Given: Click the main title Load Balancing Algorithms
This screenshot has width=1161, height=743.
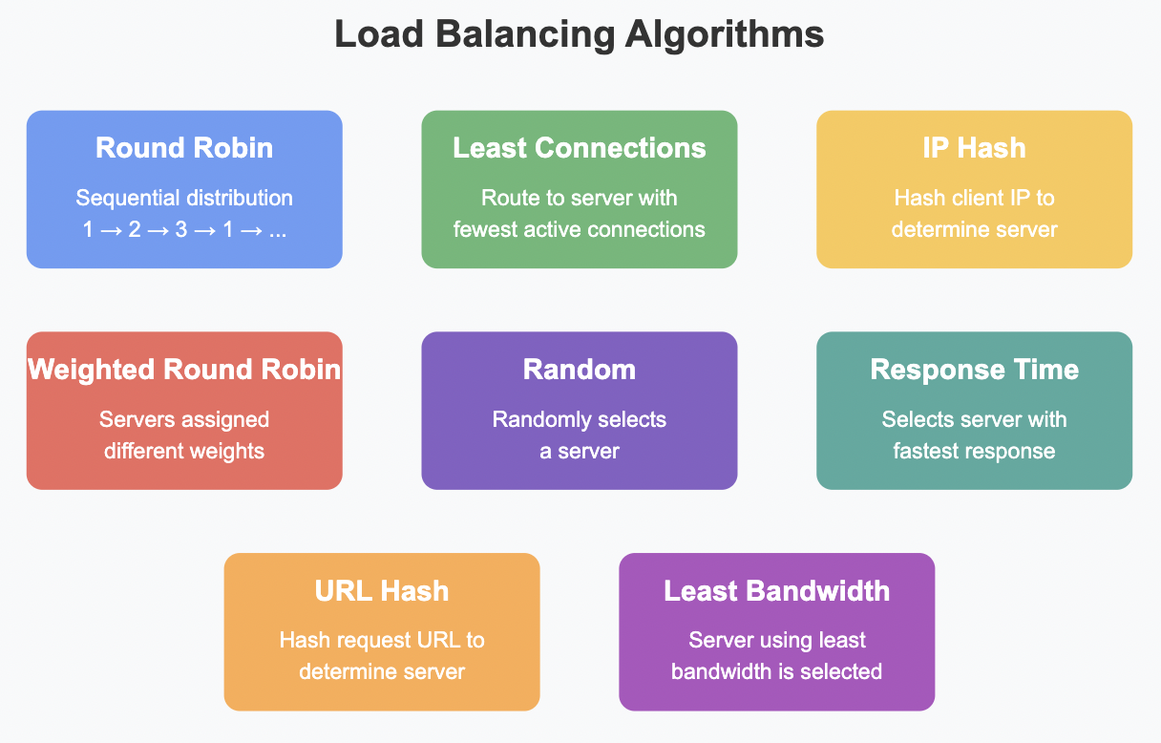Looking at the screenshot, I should coord(580,35).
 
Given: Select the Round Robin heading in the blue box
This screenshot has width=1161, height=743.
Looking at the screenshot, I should coord(184,148).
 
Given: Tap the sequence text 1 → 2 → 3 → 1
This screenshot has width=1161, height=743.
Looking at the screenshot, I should coord(184,230).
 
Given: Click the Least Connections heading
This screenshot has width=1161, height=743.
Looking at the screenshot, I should coord(580,148).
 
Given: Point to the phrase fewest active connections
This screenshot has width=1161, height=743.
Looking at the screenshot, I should coord(580,230).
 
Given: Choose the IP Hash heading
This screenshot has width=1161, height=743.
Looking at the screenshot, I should coord(974,148).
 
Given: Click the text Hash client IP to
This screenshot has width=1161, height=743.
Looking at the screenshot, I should coord(974,199).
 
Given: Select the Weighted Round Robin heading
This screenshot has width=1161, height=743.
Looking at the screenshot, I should coord(184,370).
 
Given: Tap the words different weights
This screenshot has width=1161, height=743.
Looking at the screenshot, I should coord(184,451).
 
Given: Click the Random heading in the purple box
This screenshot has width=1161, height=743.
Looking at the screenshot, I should coord(580,370).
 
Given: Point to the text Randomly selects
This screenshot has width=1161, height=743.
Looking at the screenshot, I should coord(580,420).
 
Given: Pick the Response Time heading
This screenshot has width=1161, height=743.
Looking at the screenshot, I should coord(974,370).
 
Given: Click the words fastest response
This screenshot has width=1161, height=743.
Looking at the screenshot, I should coord(974,451).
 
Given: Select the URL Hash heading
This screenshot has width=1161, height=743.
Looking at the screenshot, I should coord(382,591).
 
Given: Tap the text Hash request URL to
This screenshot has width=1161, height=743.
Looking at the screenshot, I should coord(382,641).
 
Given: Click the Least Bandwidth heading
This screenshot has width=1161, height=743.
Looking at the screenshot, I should coord(777,591).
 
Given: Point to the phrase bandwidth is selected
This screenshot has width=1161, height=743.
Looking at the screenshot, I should coord(777,671).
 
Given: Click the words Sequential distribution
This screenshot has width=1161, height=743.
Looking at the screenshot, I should coord(184,199).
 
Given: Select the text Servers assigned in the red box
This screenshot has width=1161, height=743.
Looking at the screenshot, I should coord(184,420).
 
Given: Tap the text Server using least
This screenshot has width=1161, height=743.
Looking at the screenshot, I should coord(777,641).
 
